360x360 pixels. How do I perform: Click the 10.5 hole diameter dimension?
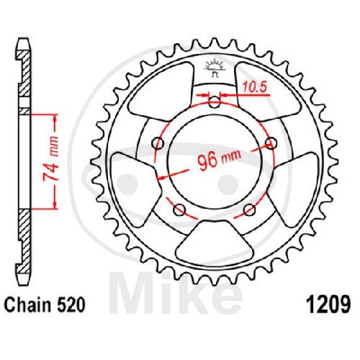coord(254,86)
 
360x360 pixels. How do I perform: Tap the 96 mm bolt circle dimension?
coord(219,159)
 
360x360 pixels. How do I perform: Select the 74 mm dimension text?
coord(50,160)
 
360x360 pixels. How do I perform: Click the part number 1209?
coord(328,305)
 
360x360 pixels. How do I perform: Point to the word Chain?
coord(27,305)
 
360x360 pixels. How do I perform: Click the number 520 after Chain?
coord(71,305)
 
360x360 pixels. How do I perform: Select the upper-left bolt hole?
coord(158,144)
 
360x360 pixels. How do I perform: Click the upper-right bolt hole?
coord(271,143)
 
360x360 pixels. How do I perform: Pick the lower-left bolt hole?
coord(179,210)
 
